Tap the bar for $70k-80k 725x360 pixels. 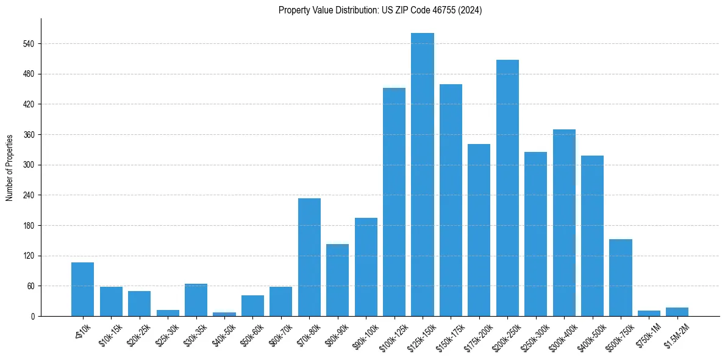pos(309,257)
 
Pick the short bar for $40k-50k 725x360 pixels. pos(224,314)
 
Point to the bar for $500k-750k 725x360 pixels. pos(621,278)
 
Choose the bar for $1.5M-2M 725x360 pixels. pos(677,312)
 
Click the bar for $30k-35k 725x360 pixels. pos(196,300)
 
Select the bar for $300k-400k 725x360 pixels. pos(564,223)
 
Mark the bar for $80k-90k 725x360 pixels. pos(337,280)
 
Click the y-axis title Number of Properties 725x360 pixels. pos(10,168)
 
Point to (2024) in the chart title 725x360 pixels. pos(471,10)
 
